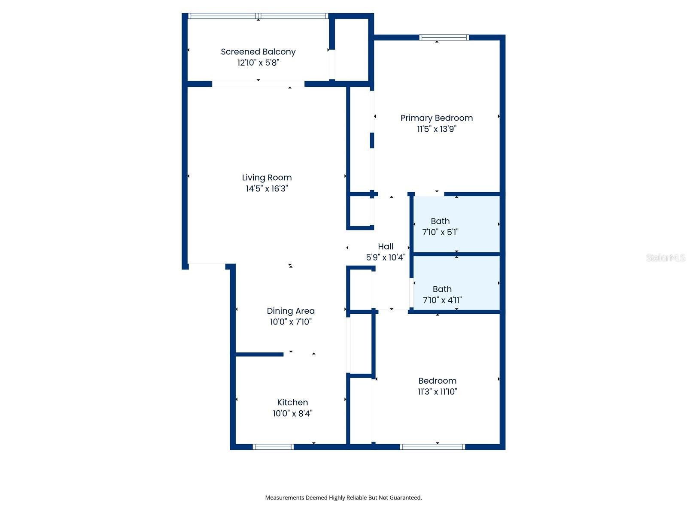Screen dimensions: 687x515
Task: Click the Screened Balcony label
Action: pos(258,52)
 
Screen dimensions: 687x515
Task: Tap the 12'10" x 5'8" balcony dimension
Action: pos(258,63)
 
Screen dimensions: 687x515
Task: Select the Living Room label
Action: pos(267,178)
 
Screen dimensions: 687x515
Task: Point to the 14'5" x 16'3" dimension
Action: pos(267,188)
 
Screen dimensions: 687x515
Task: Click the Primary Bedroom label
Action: pos(436,118)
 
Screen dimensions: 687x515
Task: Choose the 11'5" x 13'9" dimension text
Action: pos(436,129)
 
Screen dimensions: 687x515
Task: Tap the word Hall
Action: pos(385,246)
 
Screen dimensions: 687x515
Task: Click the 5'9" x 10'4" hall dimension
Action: pos(385,257)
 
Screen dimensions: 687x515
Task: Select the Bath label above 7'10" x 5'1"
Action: pos(440,221)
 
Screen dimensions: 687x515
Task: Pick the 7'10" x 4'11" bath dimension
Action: pos(442,300)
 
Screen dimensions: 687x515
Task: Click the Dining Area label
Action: pos(290,311)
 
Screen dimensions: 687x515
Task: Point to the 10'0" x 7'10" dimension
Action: pos(290,322)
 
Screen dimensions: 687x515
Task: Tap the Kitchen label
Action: pos(292,403)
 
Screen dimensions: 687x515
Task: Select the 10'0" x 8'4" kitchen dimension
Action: pos(292,413)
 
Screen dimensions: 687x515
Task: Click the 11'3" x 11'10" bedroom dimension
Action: pos(437,391)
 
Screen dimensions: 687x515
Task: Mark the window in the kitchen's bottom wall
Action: pos(273,447)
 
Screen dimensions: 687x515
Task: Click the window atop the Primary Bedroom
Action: pos(444,37)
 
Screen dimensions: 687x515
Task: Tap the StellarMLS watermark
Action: pos(666,257)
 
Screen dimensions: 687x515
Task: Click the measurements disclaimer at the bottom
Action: pos(343,498)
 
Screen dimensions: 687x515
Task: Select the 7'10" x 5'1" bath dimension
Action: pos(440,232)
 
